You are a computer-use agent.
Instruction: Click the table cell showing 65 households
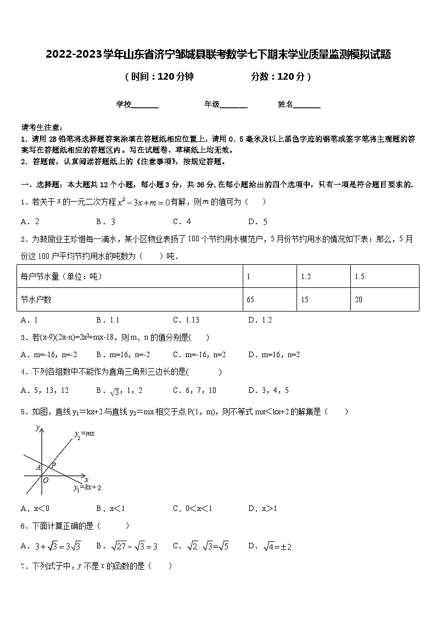[250, 299]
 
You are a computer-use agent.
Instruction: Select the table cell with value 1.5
[359, 276]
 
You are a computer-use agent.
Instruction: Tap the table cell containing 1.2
[305, 276]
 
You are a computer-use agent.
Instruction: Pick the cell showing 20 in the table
[359, 299]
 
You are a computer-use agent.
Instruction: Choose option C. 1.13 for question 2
[186, 320]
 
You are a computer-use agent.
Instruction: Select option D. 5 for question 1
[258, 222]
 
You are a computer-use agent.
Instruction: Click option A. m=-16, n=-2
[49, 354]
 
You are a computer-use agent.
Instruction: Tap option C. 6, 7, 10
[194, 390]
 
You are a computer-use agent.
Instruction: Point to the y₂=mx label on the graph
[85, 434]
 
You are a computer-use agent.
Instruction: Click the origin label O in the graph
[46, 480]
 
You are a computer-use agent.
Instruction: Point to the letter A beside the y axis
[38, 468]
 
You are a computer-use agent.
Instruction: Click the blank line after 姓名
[307, 105]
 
